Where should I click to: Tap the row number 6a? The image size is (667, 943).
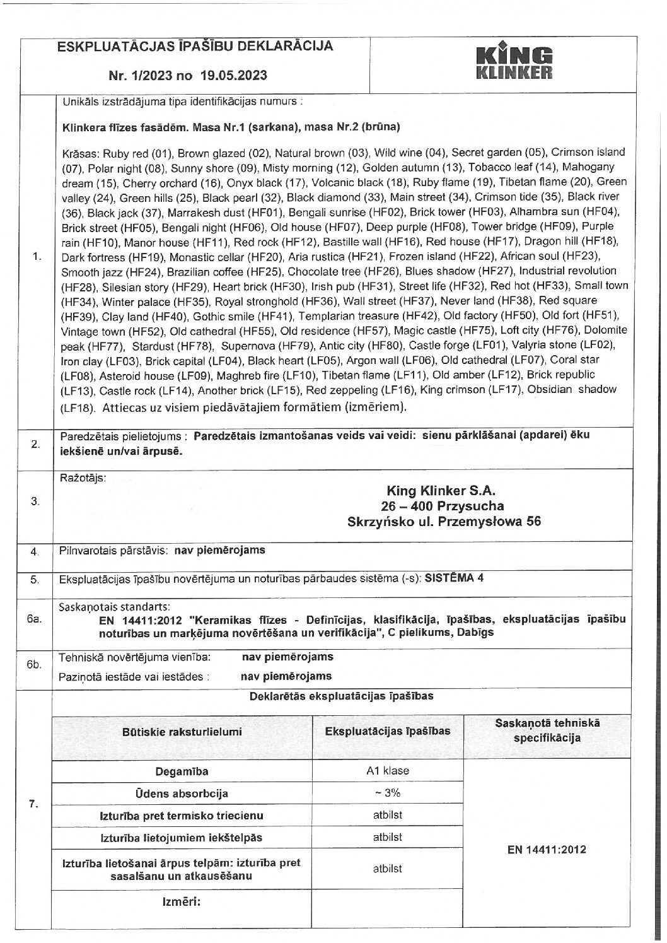pyautogui.click(x=35, y=619)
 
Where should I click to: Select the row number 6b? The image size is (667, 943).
pyautogui.click(x=35, y=665)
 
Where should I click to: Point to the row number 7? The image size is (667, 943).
pyautogui.click(x=35, y=804)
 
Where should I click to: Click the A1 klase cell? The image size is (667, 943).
pyautogui.click(x=387, y=771)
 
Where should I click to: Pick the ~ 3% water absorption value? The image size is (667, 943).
pyautogui.click(x=387, y=794)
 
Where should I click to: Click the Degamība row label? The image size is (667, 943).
pyautogui.click(x=182, y=771)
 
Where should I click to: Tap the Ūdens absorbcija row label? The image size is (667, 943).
pyautogui.click(x=182, y=794)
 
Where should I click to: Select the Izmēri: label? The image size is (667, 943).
pyautogui.click(x=182, y=901)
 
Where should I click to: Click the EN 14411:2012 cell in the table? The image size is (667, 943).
pyautogui.click(x=546, y=850)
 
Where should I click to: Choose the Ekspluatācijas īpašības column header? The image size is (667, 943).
pyautogui.click(x=387, y=731)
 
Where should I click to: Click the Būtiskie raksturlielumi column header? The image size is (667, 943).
pyautogui.click(x=182, y=732)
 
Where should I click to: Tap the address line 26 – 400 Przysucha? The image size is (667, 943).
pyautogui.click(x=442, y=506)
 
